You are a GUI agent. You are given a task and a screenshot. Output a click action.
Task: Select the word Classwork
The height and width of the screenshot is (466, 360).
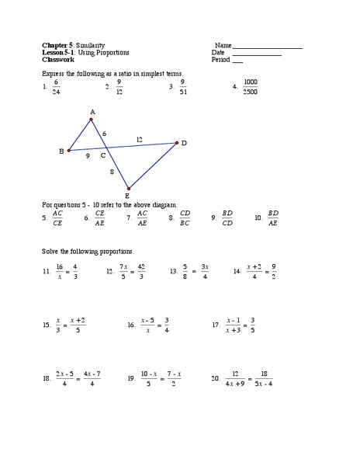pyautogui.click(x=58, y=59)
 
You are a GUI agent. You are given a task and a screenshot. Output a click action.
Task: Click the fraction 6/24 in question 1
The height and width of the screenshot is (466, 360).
pyautogui.click(x=56, y=87)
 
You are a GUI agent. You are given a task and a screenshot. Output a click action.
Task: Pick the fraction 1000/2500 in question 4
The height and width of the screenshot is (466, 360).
pyautogui.click(x=251, y=87)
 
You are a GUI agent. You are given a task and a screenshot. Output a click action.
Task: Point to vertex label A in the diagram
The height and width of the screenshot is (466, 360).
pyautogui.click(x=92, y=112)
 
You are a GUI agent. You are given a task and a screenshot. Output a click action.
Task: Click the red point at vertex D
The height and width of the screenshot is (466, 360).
pyautogui.click(x=177, y=142)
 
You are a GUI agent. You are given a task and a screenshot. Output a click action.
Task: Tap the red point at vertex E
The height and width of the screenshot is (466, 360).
pyautogui.click(x=129, y=187)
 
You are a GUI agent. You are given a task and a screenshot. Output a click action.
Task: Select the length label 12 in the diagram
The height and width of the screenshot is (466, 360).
pyautogui.click(x=139, y=139)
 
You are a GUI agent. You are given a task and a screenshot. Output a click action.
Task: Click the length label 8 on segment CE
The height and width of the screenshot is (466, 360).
pyautogui.click(x=112, y=171)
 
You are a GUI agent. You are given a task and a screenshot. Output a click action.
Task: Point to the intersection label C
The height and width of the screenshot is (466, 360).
pyautogui.click(x=102, y=155)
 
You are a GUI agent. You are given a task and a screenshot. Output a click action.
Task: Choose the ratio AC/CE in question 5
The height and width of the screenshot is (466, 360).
pyautogui.click(x=57, y=218)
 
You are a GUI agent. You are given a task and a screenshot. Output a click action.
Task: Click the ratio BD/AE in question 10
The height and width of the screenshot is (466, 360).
pyautogui.click(x=273, y=218)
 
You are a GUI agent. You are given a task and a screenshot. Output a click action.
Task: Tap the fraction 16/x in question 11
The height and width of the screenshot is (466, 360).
pyautogui.click(x=59, y=272)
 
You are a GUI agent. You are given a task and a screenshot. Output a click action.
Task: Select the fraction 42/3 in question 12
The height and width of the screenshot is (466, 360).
pyautogui.click(x=140, y=272)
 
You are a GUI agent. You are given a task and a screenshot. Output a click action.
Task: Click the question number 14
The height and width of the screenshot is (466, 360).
pyautogui.click(x=237, y=272)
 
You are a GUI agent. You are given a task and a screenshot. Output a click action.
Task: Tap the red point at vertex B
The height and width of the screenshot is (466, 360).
pyautogui.click(x=69, y=151)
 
